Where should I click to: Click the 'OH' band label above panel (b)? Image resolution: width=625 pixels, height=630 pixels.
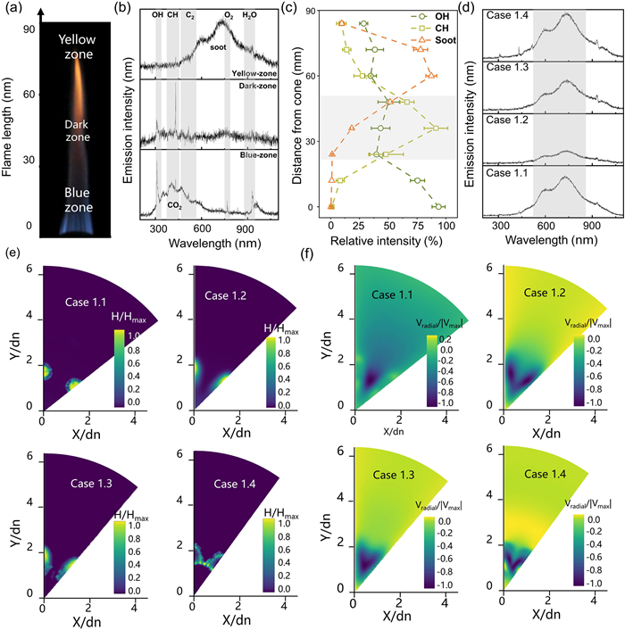tap(158, 16)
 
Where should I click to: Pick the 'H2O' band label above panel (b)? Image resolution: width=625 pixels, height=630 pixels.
tap(248, 16)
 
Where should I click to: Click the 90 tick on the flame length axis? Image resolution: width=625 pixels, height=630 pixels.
tap(31, 29)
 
